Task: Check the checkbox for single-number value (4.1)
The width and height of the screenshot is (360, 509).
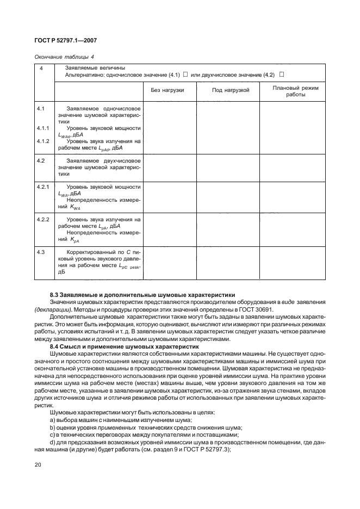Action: (185, 74)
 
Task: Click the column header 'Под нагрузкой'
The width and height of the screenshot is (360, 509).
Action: (230, 90)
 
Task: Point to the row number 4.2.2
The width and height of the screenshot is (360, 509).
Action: (44, 219)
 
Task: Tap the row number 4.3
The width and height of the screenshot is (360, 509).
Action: (40, 252)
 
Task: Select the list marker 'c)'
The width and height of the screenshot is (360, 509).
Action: (52, 434)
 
